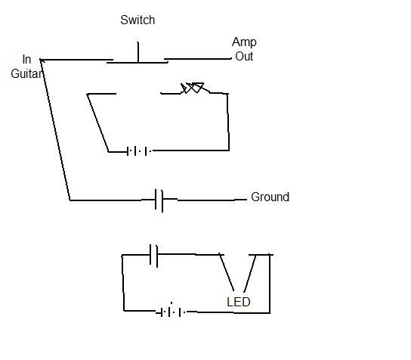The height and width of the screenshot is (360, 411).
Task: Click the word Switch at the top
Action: [x=138, y=20]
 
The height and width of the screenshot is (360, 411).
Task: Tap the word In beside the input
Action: [x=26, y=59]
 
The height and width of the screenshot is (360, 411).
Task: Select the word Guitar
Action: [x=26, y=73]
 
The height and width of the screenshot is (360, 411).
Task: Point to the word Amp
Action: [x=244, y=42]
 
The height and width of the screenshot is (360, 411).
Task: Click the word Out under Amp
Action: [x=244, y=56]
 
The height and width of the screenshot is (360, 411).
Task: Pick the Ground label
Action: [x=270, y=197]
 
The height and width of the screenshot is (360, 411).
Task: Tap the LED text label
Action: [x=239, y=302]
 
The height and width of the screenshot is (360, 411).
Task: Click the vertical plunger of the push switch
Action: [x=138, y=52]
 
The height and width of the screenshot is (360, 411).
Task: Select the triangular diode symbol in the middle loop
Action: [x=193, y=88]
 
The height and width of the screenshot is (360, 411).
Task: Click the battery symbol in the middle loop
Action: [x=139, y=151]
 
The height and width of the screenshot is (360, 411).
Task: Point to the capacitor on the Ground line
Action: [x=159, y=200]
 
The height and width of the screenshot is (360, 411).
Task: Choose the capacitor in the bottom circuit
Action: [x=153, y=256]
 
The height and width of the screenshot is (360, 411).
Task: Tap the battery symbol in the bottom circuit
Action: [x=171, y=312]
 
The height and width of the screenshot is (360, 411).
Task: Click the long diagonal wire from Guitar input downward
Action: [x=55, y=129]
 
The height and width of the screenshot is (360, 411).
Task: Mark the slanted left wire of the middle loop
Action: [x=97, y=123]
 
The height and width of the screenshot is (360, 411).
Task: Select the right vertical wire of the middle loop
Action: [x=228, y=122]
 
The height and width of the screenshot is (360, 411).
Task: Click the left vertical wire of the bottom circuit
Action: [x=122, y=283]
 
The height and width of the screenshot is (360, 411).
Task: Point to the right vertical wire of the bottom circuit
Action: [x=270, y=284]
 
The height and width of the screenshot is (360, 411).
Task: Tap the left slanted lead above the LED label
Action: [x=227, y=272]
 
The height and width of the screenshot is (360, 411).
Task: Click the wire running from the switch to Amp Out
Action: [x=198, y=59]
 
